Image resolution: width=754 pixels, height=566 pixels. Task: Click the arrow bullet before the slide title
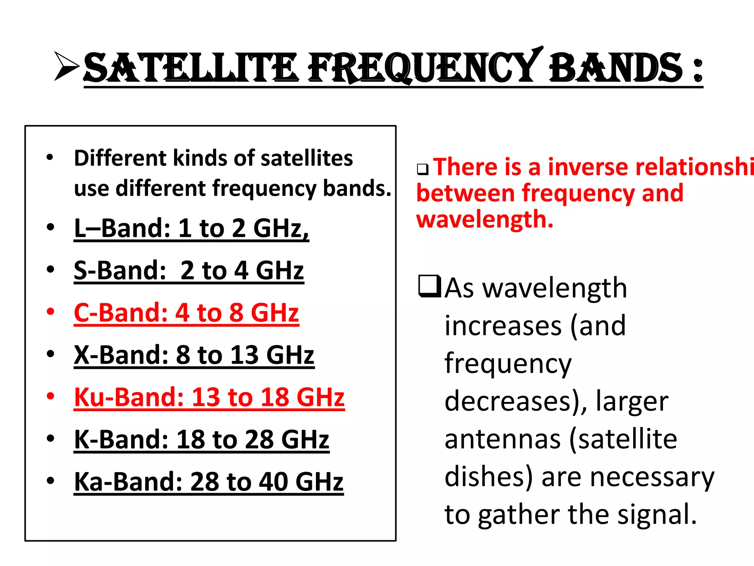click(66, 66)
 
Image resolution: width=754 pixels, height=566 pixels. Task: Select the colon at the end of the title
click(697, 70)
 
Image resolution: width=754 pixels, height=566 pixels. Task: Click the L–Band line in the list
click(191, 228)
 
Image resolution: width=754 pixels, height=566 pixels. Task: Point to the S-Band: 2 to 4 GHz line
click(188, 271)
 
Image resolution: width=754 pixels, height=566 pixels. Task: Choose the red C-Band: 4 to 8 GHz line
click(186, 313)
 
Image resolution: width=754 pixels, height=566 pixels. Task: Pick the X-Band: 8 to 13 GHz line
click(194, 355)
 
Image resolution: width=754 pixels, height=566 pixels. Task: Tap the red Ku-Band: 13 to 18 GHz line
click(209, 398)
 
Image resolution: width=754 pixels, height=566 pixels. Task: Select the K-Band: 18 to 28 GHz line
click(201, 440)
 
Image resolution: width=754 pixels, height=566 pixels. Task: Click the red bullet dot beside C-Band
click(50, 312)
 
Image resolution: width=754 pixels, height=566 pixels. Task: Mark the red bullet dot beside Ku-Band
click(50, 396)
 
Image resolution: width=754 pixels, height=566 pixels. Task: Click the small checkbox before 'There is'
click(423, 169)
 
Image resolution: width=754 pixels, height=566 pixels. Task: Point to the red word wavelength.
click(485, 220)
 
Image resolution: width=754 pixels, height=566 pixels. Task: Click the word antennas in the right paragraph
click(503, 439)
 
